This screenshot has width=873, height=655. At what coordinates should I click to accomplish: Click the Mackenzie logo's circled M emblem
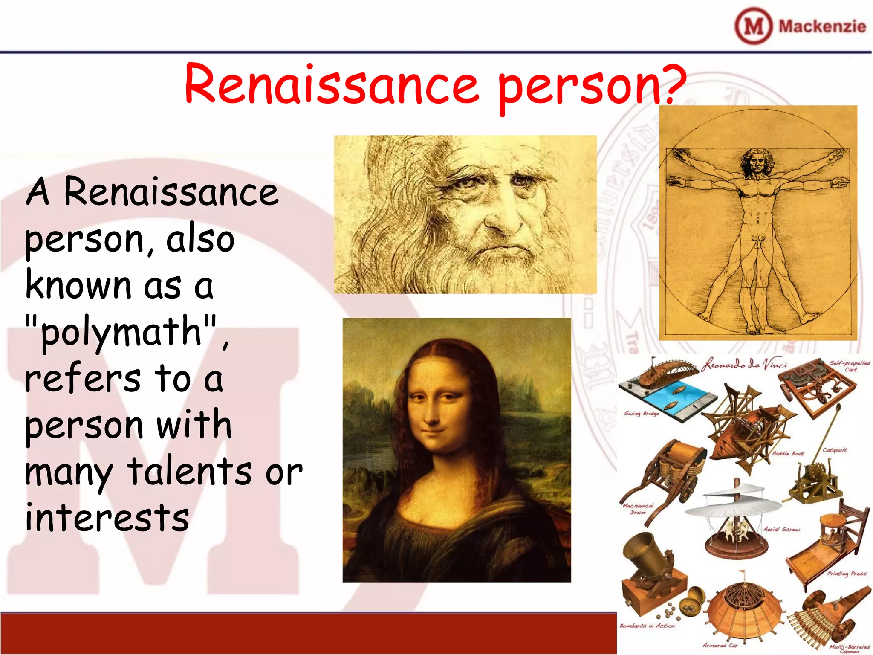pos(753,26)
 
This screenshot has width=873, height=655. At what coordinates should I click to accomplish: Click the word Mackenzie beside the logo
pos(822,26)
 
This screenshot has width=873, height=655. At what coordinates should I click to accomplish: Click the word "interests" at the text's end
pos(107,518)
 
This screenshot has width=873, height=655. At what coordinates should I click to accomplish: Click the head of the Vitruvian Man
pos(757,162)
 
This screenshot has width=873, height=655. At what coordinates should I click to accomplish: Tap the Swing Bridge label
pos(642,413)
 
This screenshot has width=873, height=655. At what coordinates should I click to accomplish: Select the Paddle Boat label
pos(788,453)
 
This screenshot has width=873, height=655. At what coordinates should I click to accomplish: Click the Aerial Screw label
pos(781,529)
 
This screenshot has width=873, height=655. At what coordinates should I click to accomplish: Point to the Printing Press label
pos(847,574)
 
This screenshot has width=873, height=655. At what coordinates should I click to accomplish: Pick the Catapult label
pos(834,450)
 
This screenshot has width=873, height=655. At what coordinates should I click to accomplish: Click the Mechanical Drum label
pos(638,509)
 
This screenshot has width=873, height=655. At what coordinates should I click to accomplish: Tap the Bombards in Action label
pos(647,626)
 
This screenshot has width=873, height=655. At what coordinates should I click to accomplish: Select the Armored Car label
pos(720,645)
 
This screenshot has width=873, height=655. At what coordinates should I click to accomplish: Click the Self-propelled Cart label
pos(849,366)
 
